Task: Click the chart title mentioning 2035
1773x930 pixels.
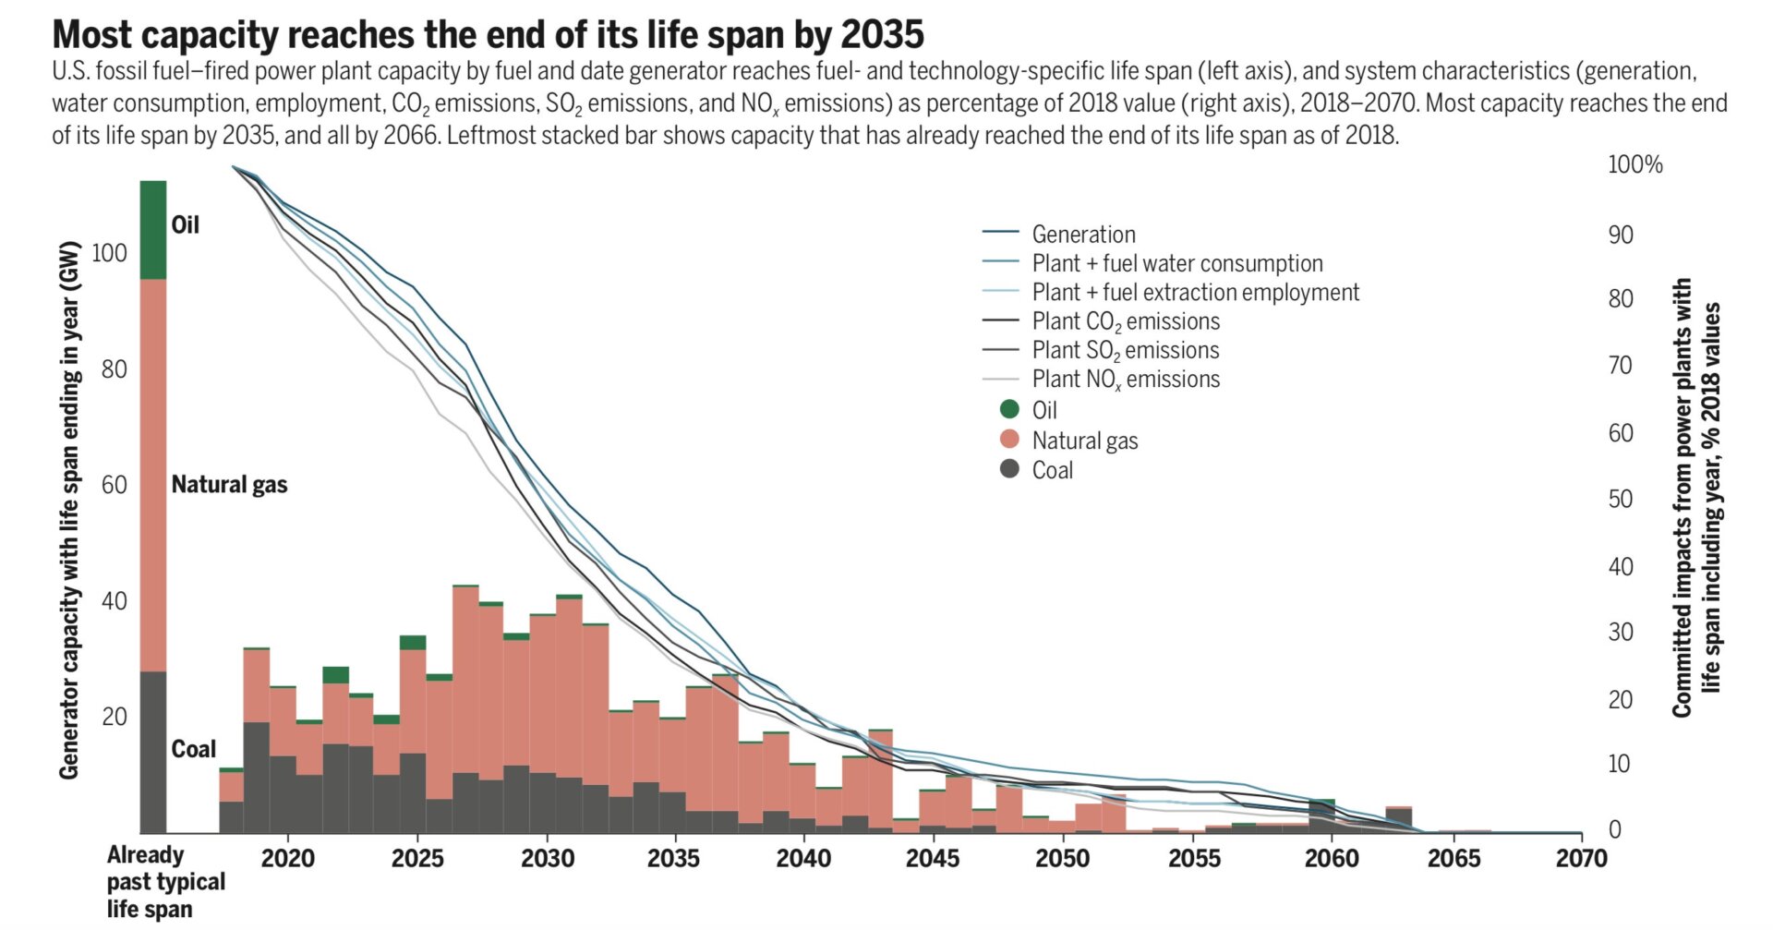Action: coord(488,35)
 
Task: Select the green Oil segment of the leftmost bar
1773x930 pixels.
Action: coord(153,230)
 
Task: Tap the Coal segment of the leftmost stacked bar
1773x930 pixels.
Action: coord(153,752)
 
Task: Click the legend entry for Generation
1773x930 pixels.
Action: coord(1083,235)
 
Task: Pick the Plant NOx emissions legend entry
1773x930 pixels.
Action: coord(1125,380)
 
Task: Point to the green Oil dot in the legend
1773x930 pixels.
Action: coord(1009,409)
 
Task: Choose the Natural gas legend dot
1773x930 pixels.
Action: coord(1009,440)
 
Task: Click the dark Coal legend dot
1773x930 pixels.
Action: coord(1009,469)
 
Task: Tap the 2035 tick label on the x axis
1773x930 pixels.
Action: coord(673,859)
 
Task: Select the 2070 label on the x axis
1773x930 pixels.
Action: coord(1581,859)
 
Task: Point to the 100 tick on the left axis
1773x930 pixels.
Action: coord(109,253)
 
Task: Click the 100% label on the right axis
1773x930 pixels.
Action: coord(1634,165)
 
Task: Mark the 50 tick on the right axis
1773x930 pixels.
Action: coord(1621,500)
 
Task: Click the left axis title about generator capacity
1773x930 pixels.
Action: coord(69,510)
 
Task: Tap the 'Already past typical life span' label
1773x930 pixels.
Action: coord(165,882)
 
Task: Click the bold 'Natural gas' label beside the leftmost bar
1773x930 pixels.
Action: coord(229,485)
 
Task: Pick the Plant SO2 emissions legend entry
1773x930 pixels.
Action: coord(1125,351)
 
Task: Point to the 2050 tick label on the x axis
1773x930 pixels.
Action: coord(1062,859)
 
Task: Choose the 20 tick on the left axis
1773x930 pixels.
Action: coord(115,717)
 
